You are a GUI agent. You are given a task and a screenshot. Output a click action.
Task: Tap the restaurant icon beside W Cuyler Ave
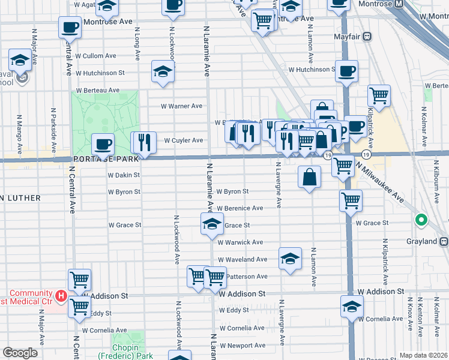(143, 142)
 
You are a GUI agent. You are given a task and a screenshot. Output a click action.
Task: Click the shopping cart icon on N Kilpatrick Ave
(379, 95)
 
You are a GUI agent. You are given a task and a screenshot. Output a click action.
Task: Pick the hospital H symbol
(60, 295)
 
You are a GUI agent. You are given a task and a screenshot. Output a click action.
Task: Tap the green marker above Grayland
(421, 220)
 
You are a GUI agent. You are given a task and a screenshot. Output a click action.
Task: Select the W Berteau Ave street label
(97, 90)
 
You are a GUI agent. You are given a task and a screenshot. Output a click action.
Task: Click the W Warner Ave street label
(181, 106)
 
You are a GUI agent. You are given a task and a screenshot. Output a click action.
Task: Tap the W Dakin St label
(124, 175)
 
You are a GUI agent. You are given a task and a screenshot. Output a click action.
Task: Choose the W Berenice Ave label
(240, 208)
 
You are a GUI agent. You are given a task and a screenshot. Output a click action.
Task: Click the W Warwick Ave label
(240, 242)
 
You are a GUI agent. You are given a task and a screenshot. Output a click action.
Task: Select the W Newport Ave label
(242, 346)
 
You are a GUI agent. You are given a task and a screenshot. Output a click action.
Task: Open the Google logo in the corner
(20, 353)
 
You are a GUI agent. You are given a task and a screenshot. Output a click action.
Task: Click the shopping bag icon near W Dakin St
(309, 177)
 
